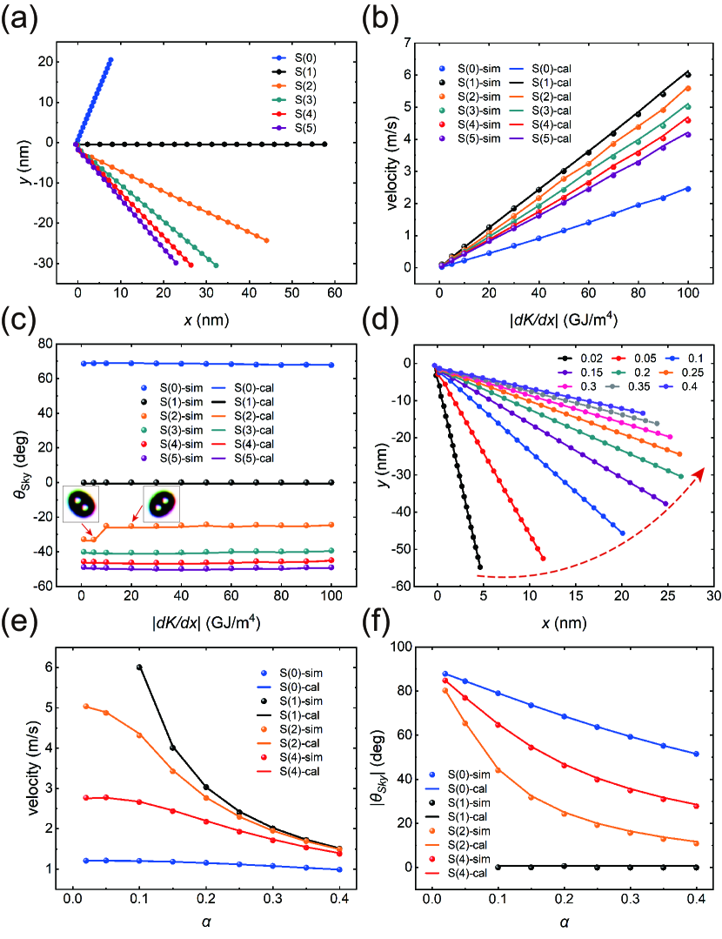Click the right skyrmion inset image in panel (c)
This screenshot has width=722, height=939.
coord(162,503)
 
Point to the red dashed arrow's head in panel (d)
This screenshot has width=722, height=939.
coord(700,471)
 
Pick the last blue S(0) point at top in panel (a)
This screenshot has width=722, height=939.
coord(110,59)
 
